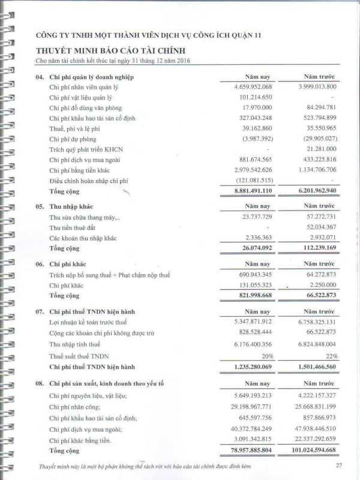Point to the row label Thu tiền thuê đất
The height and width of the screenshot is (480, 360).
[x=76, y=227]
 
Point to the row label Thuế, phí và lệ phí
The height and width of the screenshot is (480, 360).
[x=78, y=128]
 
